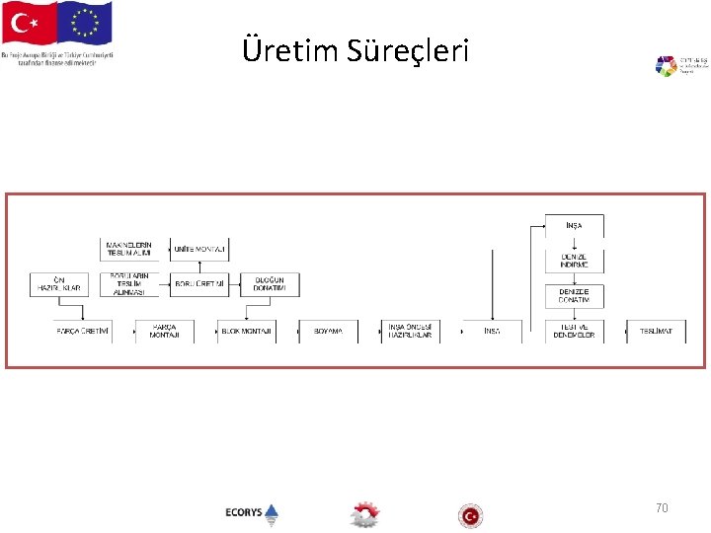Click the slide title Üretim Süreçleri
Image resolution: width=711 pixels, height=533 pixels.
click(355, 49)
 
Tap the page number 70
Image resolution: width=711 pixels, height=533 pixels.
click(662, 507)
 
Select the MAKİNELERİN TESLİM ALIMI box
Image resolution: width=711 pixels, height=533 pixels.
click(129, 249)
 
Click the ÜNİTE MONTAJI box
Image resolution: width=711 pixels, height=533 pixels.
click(198, 250)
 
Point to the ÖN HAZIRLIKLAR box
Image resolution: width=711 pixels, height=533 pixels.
click(58, 285)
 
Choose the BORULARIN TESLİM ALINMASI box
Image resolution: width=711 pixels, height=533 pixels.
click(129, 285)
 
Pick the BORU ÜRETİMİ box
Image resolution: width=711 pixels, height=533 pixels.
click(198, 285)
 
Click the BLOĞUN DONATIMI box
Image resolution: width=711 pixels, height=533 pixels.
click(269, 285)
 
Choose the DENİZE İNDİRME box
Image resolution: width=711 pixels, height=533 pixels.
click(574, 261)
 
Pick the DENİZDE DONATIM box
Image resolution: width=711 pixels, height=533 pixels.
click(574, 296)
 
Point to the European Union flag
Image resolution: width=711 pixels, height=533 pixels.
click(86, 24)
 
